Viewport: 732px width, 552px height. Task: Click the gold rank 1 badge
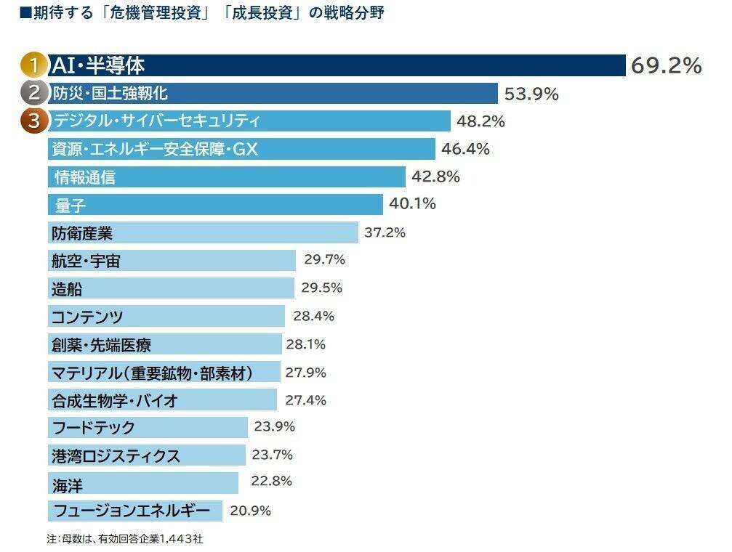pos(33,65)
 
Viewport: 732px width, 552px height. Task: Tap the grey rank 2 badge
pos(33,93)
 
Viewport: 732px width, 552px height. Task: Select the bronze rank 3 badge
pos(33,121)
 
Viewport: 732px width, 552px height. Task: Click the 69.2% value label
pos(666,66)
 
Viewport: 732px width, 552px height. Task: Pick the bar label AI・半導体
pos(98,66)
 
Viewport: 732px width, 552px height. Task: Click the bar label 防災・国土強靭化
pos(110,94)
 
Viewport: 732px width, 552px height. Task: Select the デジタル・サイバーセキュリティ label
pos(156,121)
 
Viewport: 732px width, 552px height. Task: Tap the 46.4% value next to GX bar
pos(465,150)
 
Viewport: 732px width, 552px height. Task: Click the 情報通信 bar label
pos(85,177)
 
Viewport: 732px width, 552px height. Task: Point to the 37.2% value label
pos(385,233)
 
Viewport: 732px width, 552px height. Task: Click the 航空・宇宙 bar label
pos(86,261)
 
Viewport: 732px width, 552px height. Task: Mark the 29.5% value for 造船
pos(321,288)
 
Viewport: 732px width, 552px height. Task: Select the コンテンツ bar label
pos(87,317)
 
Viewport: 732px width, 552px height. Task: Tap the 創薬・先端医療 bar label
pos(102,344)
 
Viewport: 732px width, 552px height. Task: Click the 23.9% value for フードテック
pos(274,427)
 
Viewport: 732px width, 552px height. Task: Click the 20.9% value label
pos(250,511)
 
